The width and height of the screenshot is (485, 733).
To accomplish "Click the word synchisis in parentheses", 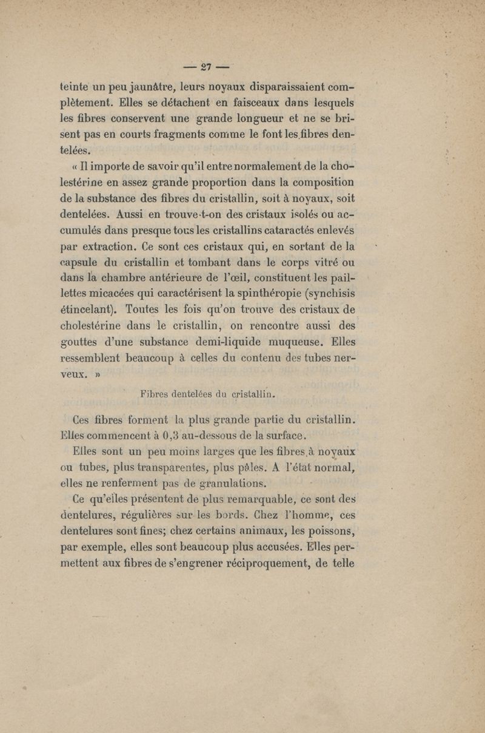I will click(329, 296).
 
